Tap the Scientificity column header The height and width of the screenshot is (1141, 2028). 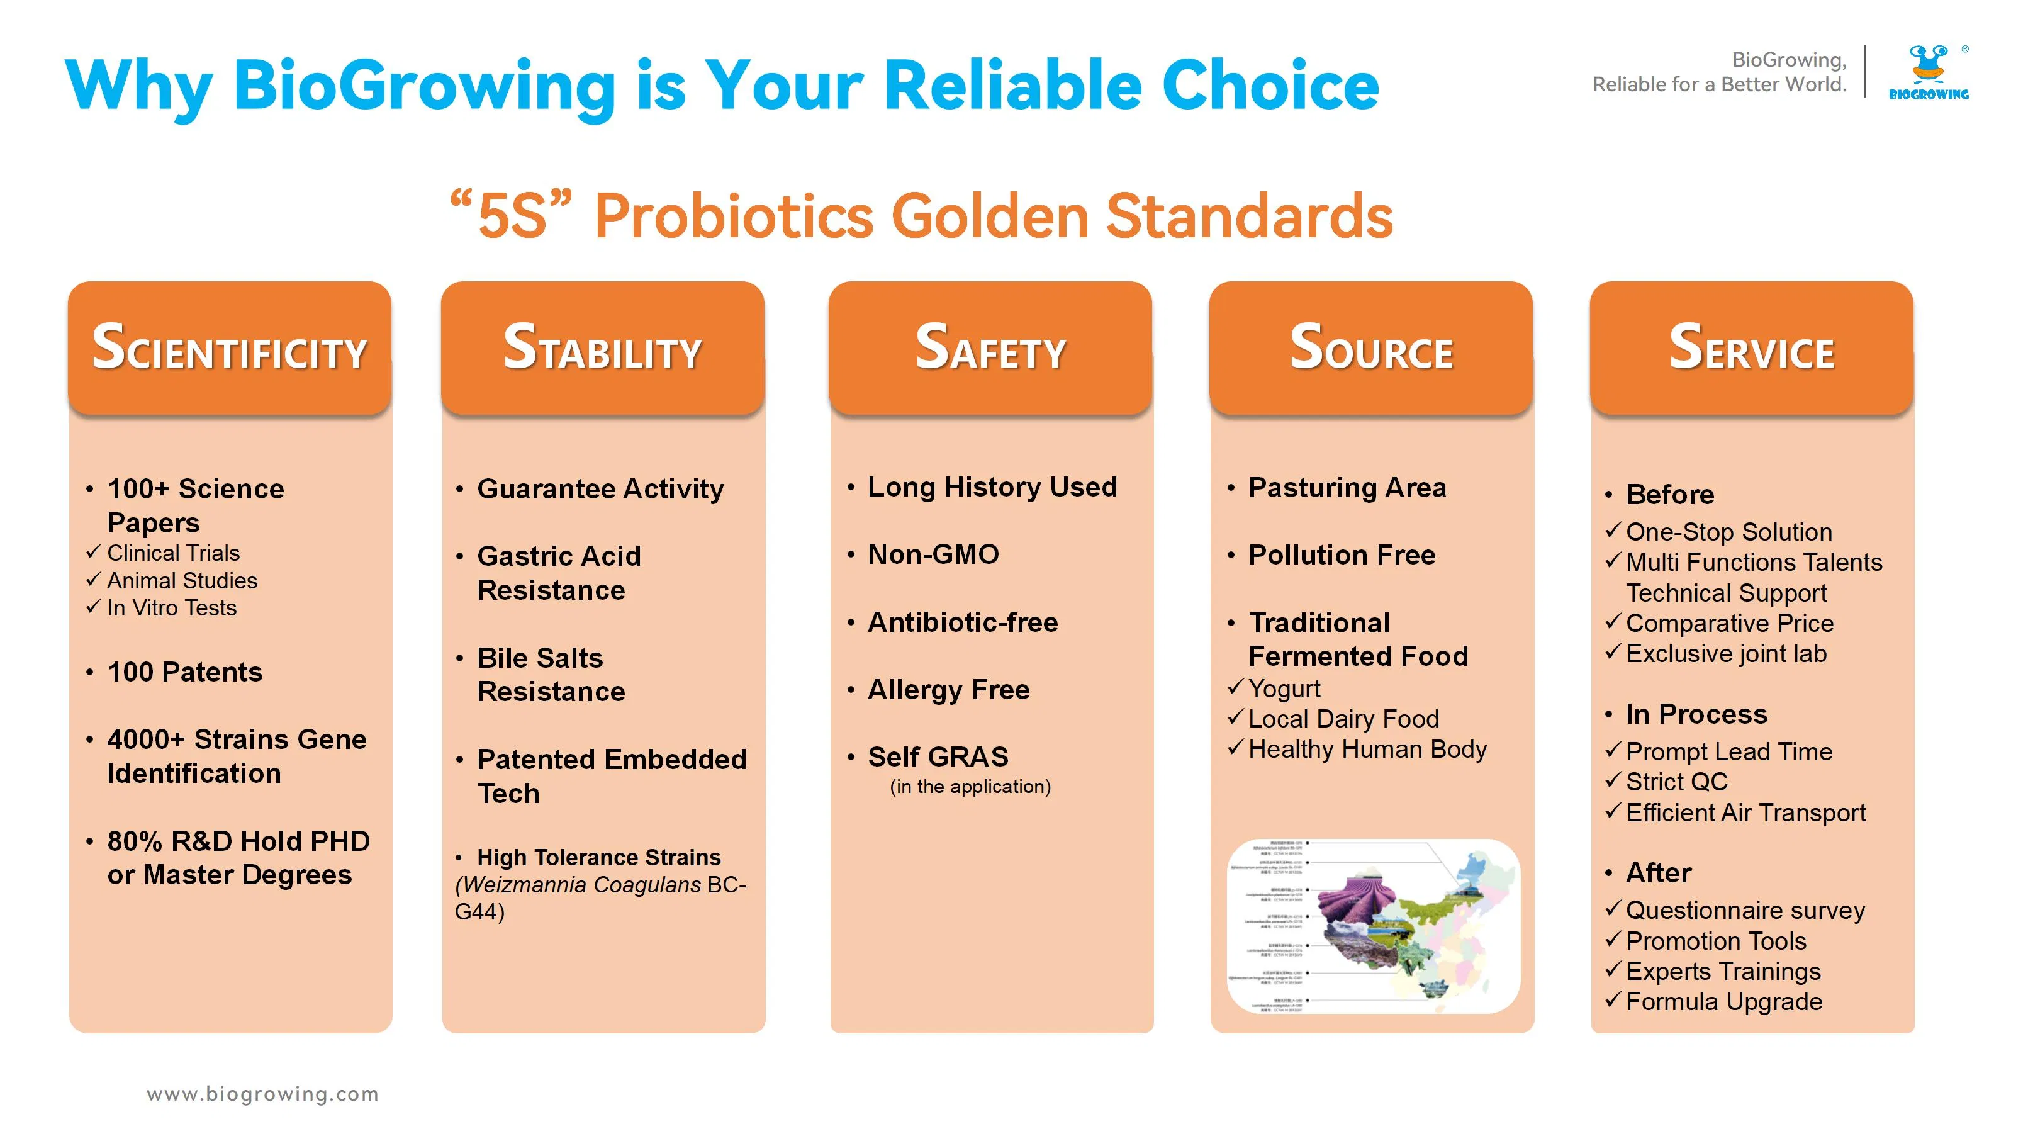[229, 348]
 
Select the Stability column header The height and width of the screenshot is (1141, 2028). [602, 348]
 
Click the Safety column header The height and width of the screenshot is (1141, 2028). [990, 348]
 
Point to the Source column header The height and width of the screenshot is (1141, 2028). [1370, 348]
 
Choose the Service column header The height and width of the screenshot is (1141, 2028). [1751, 348]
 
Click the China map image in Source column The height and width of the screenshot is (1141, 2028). [1373, 926]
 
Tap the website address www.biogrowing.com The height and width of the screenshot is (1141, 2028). [262, 1094]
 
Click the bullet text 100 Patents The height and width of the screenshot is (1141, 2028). [185, 672]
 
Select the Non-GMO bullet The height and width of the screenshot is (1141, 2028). [933, 554]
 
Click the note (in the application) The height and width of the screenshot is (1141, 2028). [970, 787]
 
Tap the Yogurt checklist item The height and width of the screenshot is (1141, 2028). [1284, 689]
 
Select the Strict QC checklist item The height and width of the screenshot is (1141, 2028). [1676, 782]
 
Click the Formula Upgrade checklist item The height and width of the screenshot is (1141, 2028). [1723, 1002]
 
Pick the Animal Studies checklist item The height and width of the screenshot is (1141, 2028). [182, 581]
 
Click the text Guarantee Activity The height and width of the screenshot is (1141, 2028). [600, 489]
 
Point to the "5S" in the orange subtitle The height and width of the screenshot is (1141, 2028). [511, 216]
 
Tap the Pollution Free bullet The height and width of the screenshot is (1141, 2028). [1342, 555]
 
